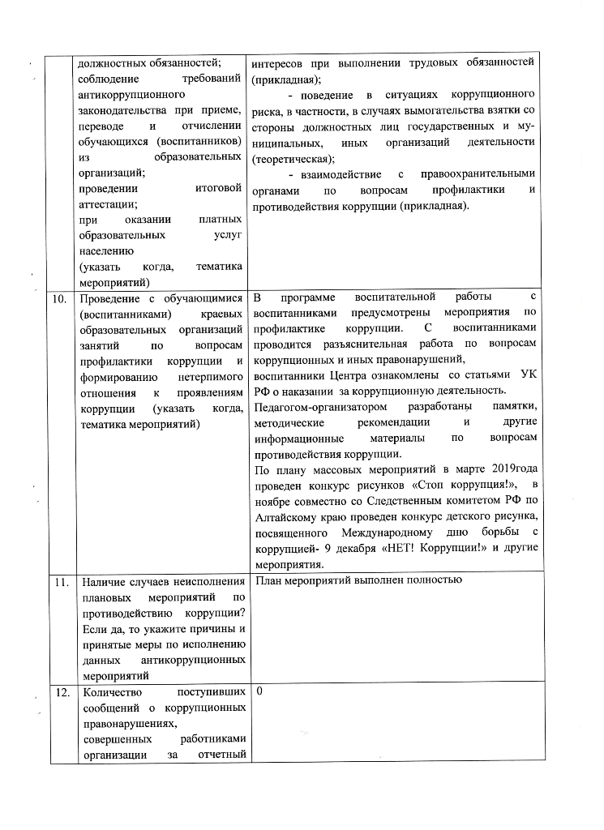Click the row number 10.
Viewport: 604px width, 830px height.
(58, 299)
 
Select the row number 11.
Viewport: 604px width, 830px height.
(58, 581)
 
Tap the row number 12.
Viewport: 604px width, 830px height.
(58, 694)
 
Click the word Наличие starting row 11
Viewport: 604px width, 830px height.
(109, 581)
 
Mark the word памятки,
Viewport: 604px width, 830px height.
(514, 406)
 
